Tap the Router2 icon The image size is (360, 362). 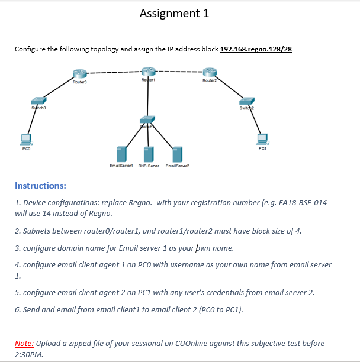[x=210, y=73]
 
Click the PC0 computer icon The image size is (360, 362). [x=25, y=139]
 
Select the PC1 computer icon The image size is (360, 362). [x=262, y=138]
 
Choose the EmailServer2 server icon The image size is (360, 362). [x=176, y=154]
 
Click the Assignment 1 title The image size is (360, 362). [x=174, y=14]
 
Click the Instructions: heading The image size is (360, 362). [x=40, y=186]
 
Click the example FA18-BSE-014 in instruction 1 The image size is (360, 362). [x=300, y=202]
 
